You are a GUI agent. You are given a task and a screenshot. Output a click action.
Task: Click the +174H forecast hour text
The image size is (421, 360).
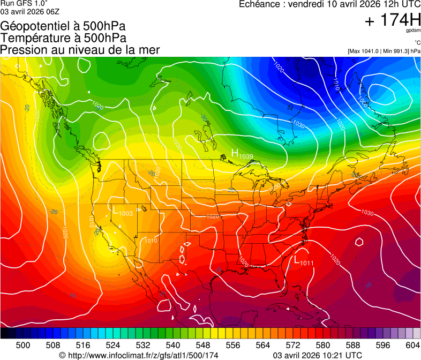[392, 20]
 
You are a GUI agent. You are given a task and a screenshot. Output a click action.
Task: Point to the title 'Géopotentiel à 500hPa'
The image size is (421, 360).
[63, 26]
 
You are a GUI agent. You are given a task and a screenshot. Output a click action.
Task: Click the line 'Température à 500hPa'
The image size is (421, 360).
[63, 38]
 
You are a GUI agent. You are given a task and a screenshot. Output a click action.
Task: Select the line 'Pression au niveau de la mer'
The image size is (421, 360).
[80, 50]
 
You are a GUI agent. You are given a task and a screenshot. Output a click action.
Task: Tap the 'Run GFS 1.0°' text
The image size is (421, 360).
[24, 3]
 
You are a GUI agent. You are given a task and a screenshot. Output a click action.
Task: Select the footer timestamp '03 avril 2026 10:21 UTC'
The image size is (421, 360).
[317, 355]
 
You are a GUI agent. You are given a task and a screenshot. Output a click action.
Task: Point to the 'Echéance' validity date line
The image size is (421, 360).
[328, 4]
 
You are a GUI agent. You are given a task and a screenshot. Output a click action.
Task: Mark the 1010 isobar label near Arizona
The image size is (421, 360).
[151, 241]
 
